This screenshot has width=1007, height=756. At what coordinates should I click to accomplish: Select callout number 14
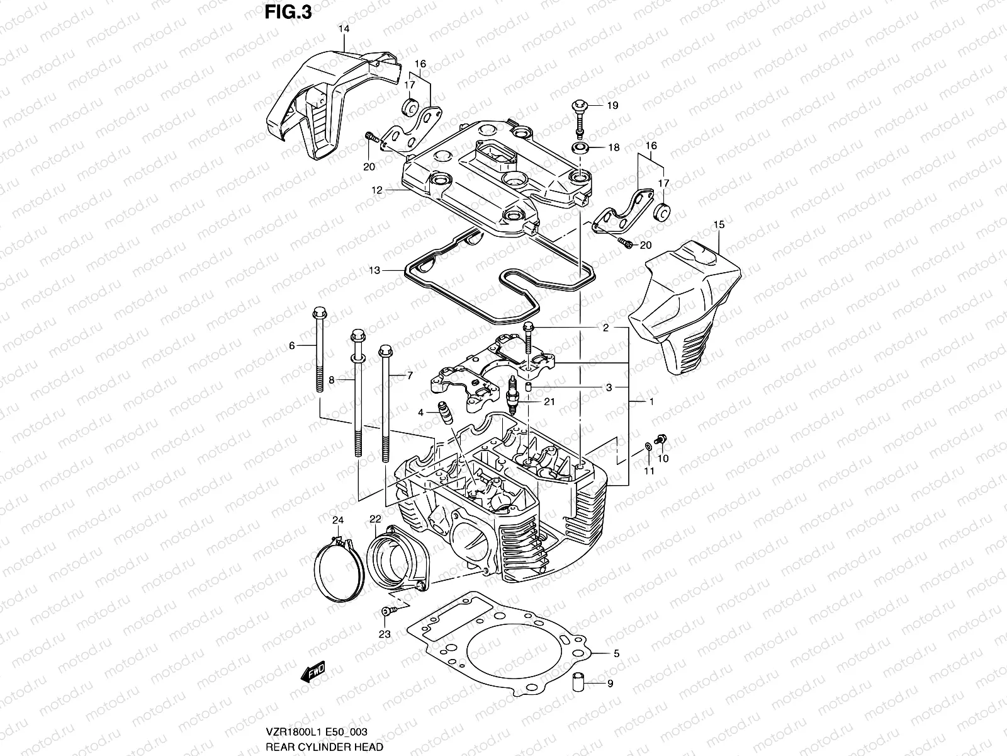(344, 29)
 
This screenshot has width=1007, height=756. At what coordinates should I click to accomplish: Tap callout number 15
(719, 224)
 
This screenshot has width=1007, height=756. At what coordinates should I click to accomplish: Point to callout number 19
(613, 105)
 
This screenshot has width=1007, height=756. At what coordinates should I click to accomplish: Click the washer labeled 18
(580, 149)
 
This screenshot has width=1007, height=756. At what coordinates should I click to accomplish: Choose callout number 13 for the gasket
(374, 271)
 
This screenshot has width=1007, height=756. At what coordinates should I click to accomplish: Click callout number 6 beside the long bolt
(291, 345)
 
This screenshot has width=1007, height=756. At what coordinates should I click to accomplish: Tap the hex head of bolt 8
(357, 334)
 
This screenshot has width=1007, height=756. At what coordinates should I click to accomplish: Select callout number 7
(409, 375)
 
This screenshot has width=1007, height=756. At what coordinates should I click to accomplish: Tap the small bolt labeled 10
(661, 438)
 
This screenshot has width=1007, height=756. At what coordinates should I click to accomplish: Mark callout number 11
(649, 471)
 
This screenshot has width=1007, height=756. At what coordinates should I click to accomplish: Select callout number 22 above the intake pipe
(375, 518)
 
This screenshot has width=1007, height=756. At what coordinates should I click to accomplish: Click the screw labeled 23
(386, 611)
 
